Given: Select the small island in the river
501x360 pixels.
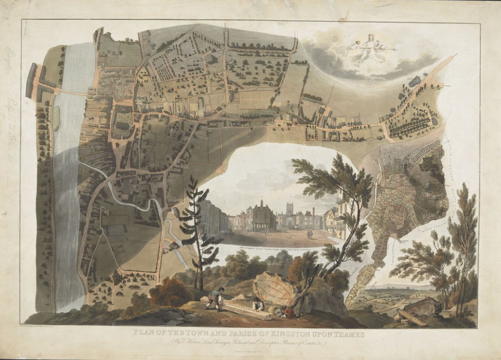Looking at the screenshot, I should coord(56,118).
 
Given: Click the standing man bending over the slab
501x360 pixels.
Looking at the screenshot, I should coord(216,299).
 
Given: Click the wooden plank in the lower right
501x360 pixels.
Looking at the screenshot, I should coord(412,317).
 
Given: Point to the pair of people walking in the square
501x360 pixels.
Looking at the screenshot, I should coord(310,234).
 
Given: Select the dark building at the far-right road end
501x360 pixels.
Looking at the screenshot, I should coord(415,82).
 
